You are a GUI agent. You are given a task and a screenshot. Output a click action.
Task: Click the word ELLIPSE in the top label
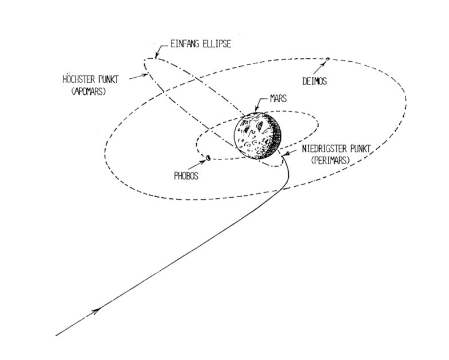[x=216, y=44]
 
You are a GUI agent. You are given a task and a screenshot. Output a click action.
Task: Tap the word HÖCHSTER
[x=78, y=79]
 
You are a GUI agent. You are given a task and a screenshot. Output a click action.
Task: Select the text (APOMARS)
[x=88, y=91]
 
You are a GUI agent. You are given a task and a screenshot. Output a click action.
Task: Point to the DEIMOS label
[x=315, y=82]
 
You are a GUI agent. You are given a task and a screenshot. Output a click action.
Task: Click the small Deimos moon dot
[x=328, y=59]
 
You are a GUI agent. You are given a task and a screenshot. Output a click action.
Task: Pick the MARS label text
[x=278, y=99]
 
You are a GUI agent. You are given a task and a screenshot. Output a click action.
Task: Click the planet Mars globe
[x=258, y=135]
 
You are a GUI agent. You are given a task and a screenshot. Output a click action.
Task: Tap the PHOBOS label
[x=186, y=175]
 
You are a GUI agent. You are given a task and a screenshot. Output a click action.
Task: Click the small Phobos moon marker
[x=208, y=157]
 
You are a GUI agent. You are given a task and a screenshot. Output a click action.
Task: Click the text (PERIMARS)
[x=331, y=161]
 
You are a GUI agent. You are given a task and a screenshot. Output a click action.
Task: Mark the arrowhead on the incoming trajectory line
[x=96, y=310]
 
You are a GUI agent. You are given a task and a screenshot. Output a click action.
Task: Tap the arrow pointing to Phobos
[x=197, y=164]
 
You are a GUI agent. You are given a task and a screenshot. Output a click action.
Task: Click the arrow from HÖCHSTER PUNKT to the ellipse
[x=139, y=77]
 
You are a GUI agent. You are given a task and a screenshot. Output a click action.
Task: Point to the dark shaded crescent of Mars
[x=276, y=136]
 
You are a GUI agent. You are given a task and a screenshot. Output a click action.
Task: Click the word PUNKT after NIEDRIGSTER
[x=359, y=149]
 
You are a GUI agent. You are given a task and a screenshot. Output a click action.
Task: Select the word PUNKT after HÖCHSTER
[x=108, y=79]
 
